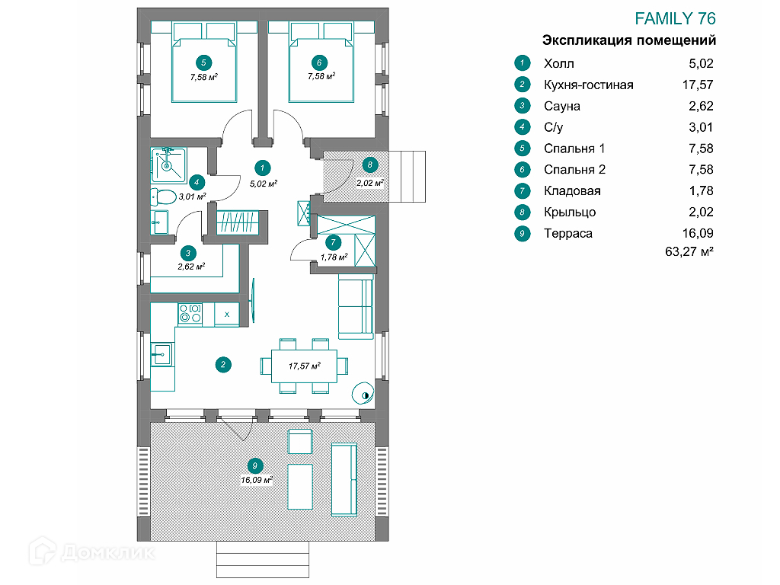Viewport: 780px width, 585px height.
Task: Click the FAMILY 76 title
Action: pos(675,19)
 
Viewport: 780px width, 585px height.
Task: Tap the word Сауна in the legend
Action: pos(562,106)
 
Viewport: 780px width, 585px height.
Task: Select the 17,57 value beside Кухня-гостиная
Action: pos(698,85)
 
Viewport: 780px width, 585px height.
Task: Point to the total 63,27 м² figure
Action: pos(689,251)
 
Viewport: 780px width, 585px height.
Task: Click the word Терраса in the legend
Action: pos(568,233)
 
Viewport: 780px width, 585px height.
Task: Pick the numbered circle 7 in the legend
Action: pos(522,191)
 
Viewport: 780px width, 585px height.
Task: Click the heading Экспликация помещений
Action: pos(628,40)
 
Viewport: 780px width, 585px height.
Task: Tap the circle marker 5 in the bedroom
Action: pos(203,62)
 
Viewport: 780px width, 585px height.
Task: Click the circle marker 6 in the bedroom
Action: pos(320,62)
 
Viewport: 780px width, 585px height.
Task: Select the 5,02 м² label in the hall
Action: pos(262,183)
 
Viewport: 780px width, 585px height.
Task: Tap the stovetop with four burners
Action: pos(190,313)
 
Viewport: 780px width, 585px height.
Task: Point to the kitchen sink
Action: pos(161,353)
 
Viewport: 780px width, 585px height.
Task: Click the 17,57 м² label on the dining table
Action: pos(304,366)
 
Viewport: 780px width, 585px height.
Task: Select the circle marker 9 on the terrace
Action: pos(256,465)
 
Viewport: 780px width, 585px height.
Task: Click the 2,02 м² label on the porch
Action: pos(369,182)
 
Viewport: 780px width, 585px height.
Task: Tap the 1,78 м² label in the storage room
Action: pos(334,257)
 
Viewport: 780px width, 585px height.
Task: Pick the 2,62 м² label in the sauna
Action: pos(191,267)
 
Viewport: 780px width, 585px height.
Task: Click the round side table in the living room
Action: pos(363,392)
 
